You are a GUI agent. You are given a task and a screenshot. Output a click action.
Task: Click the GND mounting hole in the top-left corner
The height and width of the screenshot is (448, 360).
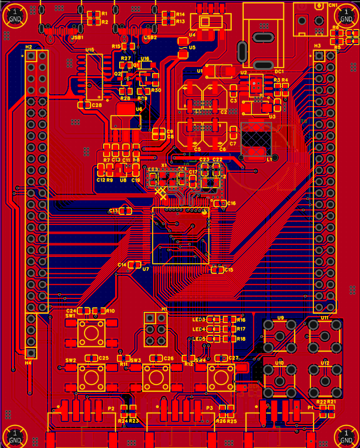[x=15, y=16]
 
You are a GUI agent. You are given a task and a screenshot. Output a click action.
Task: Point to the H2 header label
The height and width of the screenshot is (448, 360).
[x=29, y=47]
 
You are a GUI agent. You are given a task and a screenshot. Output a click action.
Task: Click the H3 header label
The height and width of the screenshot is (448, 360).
[x=317, y=46]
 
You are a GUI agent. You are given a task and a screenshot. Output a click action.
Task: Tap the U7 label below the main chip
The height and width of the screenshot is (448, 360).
[x=146, y=269]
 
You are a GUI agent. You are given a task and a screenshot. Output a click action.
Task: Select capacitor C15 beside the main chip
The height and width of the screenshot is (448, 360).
[x=217, y=270]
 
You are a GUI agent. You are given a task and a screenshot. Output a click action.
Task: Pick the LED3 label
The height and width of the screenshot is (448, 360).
[x=199, y=319]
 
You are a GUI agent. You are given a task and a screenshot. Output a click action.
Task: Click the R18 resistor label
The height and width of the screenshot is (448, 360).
[x=241, y=339]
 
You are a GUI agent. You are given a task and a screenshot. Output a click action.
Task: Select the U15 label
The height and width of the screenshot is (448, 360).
[x=90, y=50]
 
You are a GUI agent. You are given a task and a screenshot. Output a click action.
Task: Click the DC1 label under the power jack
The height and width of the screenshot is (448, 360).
[x=279, y=72]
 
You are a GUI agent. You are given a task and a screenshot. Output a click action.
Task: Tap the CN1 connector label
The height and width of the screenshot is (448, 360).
[x=333, y=5]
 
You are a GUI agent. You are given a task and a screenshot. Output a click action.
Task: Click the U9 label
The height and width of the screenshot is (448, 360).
[x=280, y=318]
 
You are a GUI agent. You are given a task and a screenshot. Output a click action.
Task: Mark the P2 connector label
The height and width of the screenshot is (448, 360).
[x=111, y=408]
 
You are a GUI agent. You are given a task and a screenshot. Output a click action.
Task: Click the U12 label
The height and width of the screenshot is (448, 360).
[x=325, y=362]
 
